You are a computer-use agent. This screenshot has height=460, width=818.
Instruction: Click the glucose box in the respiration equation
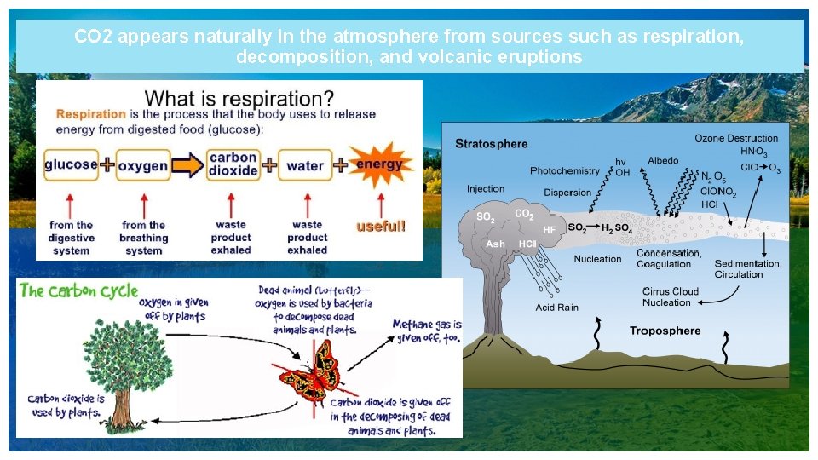tap(71, 164)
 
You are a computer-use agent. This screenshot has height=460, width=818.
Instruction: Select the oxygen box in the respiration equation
tap(142, 165)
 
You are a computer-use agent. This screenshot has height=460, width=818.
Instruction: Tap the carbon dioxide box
tap(233, 164)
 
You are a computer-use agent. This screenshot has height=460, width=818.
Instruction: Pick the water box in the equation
tap(304, 165)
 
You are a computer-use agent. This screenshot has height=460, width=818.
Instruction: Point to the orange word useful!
tap(381, 227)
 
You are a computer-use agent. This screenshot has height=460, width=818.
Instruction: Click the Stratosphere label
tap(491, 143)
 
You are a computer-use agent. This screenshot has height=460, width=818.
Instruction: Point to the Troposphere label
tap(665, 331)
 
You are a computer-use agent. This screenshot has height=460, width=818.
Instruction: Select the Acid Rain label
tap(556, 308)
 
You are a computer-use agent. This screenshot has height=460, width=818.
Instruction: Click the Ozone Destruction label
tap(736, 138)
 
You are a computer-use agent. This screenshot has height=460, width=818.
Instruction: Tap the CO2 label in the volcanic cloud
tap(524, 215)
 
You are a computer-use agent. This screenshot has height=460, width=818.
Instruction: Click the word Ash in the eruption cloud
tap(494, 244)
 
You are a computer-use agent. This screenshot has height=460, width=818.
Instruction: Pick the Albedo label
tap(663, 161)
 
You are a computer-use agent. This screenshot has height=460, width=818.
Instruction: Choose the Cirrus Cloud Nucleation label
tap(670, 296)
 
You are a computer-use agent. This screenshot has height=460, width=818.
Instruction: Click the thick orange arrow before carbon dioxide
tap(188, 164)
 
